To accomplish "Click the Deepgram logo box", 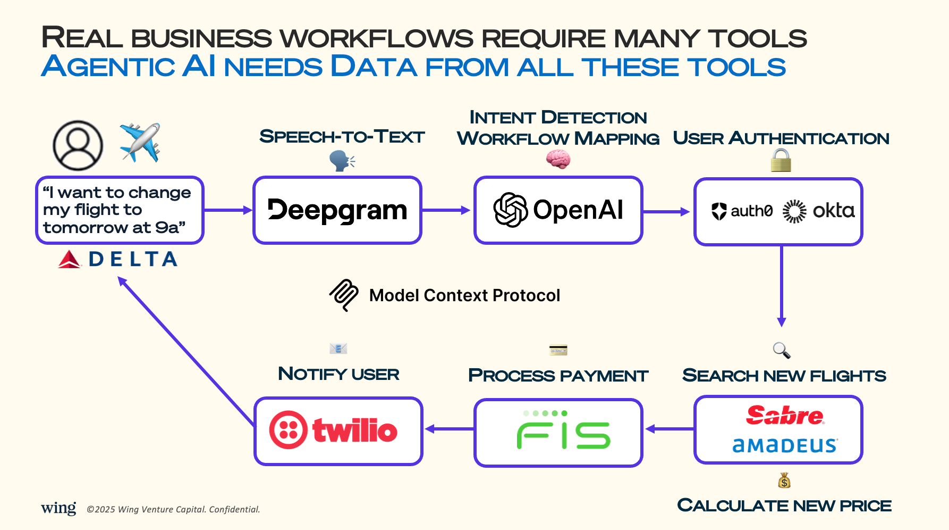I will pos(337,210).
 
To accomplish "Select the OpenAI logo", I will pos(558,210).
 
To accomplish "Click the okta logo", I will pos(819,211).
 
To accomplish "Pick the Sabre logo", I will pos(785,415).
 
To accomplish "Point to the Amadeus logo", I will pos(785,445).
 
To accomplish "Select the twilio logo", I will pos(333,430).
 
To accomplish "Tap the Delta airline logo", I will pos(118,259).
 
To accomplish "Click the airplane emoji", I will pos(140,142).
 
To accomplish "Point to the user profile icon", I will pos(78,145).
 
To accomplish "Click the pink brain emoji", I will pos(558,159).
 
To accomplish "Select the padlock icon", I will pos(781,160).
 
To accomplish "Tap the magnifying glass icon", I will pos(781,350).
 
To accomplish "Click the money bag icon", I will pos(784,481).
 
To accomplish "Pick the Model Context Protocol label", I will pos(464,295).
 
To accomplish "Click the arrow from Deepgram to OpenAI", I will pos(446,210).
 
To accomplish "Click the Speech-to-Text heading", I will pos(342,137).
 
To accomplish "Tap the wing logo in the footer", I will pos(58,508).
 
